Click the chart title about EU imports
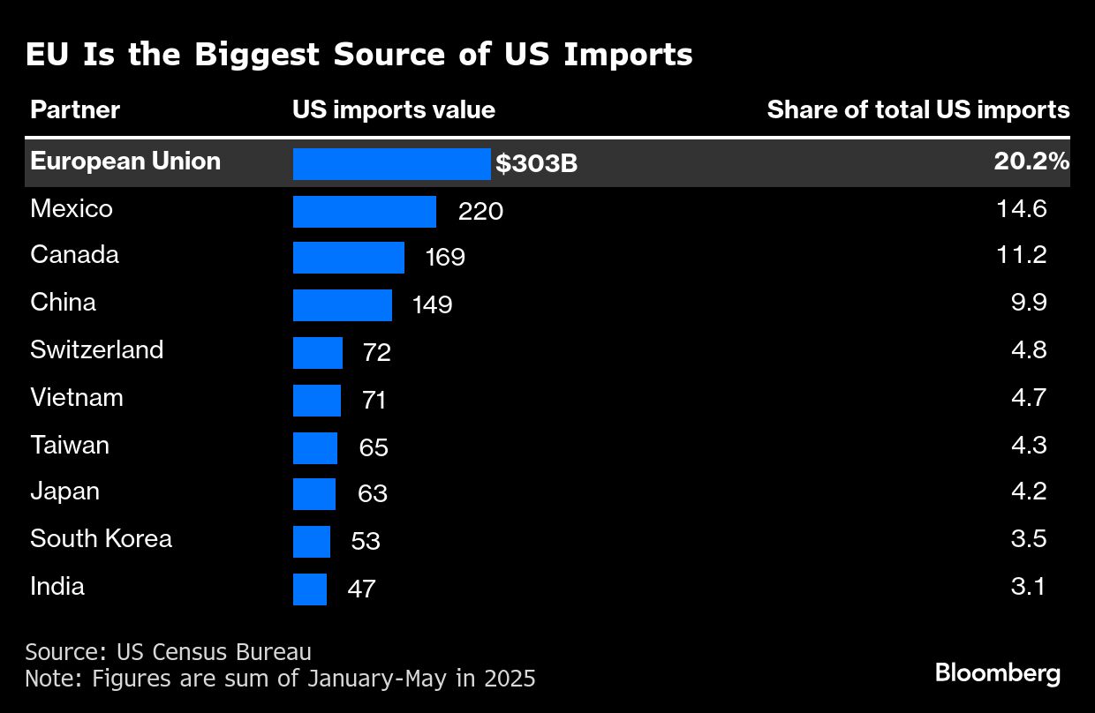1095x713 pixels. (359, 55)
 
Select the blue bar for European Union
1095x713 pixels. (391, 164)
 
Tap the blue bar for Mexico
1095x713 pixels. (364, 212)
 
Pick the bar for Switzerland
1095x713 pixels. (317, 353)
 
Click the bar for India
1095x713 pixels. (309, 589)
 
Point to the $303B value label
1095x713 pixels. (537, 164)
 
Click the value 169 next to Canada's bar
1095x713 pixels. (444, 258)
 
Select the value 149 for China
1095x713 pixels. (432, 305)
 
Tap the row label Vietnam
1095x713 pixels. (77, 398)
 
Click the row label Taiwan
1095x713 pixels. (70, 445)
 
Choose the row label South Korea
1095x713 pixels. (101, 539)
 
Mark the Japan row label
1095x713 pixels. (64, 492)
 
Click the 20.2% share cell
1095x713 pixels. (1029, 162)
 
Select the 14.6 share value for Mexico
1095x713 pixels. (1028, 209)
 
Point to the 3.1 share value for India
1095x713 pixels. (1029, 586)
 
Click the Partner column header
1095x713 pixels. (75, 110)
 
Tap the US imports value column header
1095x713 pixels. (394, 110)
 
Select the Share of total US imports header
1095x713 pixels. (918, 110)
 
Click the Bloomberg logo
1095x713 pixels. (998, 674)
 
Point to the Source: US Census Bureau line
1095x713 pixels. (168, 653)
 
